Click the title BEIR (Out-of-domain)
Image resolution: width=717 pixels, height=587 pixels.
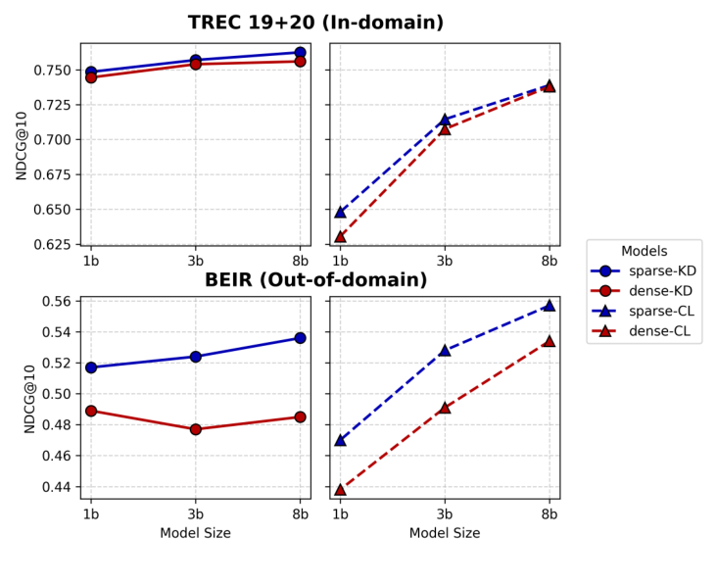[315, 280]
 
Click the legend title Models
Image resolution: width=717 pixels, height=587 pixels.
[644, 252]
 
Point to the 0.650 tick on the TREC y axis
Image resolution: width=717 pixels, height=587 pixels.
[54, 210]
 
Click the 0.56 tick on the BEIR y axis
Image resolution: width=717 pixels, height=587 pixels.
[58, 301]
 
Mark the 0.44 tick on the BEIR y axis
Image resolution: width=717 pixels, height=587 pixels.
[58, 487]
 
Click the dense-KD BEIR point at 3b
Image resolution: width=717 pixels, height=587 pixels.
[195, 429]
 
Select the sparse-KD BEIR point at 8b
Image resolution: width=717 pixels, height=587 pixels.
[300, 338]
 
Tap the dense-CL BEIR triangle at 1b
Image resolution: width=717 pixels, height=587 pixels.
[340, 489]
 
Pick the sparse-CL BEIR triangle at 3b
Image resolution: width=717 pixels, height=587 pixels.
[445, 350]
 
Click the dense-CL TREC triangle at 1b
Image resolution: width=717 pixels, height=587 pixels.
[340, 236]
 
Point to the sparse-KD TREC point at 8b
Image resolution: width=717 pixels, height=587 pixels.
[300, 53]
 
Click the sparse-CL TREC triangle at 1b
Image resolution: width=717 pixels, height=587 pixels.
[340, 212]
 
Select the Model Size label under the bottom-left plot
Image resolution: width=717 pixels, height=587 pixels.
[195, 533]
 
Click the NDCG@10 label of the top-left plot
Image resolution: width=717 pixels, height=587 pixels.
[22, 145]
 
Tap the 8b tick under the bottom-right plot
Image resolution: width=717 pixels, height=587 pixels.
[549, 514]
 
